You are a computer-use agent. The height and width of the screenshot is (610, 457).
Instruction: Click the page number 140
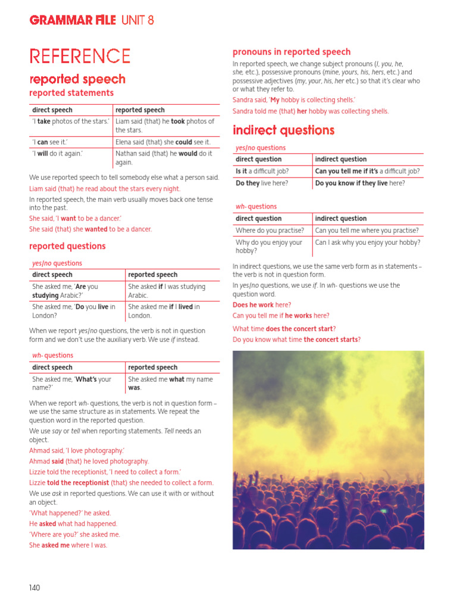coord(35,588)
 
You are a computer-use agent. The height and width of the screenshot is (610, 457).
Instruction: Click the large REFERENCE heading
coord(80,57)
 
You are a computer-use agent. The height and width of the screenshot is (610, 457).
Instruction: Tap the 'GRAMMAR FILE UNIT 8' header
coord(92,20)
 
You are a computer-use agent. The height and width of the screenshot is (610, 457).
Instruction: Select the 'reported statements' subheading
coord(71,93)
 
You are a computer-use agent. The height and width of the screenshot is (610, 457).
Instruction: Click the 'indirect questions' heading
coord(283,130)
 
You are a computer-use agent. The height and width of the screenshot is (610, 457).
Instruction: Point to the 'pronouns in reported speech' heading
coord(292,52)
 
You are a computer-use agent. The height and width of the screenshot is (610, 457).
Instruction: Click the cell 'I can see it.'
coord(50,142)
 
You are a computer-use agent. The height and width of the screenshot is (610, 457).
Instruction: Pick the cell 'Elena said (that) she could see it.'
coord(163,142)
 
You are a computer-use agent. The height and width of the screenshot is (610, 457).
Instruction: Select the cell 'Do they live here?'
coord(262,183)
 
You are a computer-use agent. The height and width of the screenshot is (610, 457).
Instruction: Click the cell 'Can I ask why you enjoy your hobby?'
coord(368,242)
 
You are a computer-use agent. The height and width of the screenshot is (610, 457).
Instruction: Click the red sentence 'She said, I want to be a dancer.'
coord(75,219)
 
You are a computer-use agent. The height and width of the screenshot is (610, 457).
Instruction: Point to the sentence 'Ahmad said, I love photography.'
coord(77,451)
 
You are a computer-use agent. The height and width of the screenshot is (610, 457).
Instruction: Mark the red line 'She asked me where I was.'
coord(68,545)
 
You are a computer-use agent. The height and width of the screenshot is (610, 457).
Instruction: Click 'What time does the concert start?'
coord(284,329)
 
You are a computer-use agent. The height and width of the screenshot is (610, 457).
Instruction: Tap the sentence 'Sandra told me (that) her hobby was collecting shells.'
coord(311,111)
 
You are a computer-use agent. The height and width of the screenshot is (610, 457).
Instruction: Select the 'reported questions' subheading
coord(67,246)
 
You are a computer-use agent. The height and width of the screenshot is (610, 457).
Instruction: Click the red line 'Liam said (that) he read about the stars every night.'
coord(105,189)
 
